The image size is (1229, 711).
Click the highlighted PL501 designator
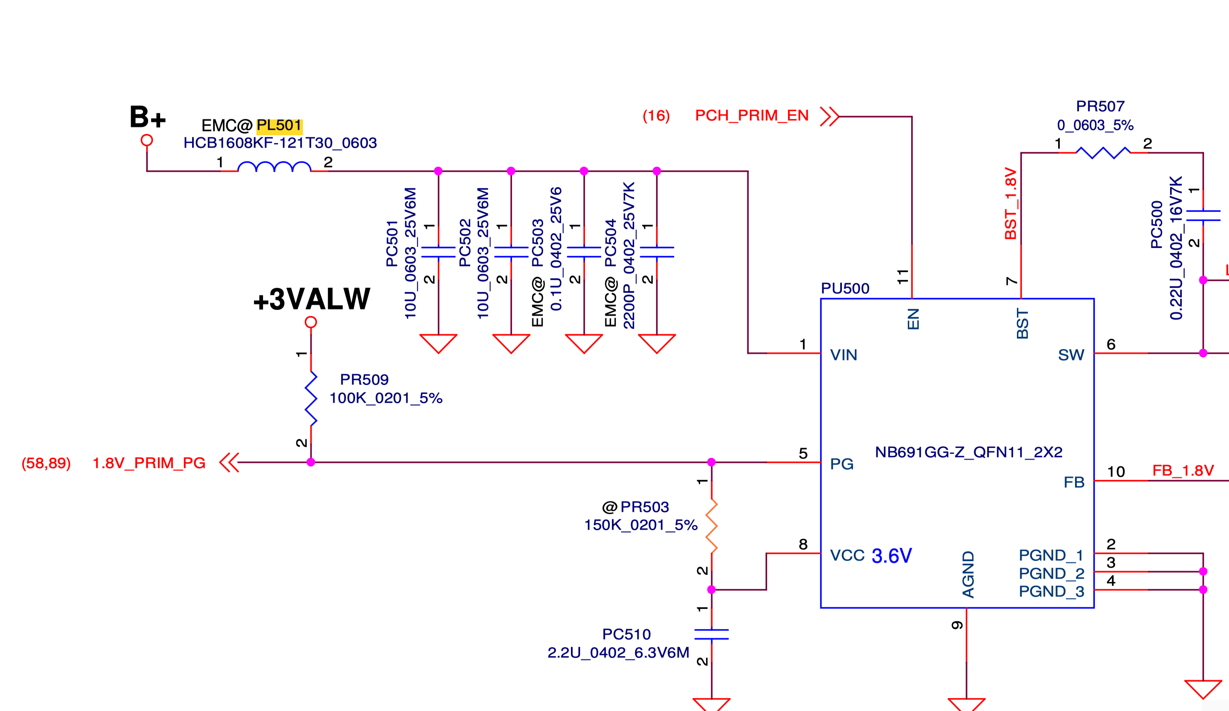click(x=279, y=126)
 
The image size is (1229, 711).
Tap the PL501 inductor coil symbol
click(x=274, y=167)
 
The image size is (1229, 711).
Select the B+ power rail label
click(x=147, y=117)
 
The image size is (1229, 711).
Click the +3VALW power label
click(x=312, y=299)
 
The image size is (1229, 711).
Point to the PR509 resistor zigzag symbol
click(x=311, y=398)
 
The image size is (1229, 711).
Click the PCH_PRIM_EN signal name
click(x=751, y=116)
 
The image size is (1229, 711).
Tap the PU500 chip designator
click(x=845, y=288)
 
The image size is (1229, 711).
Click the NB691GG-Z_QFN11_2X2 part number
click(x=968, y=452)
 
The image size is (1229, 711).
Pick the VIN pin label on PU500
click(x=843, y=355)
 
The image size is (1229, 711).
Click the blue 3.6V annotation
click(x=892, y=556)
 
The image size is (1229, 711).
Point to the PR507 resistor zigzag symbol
click(x=1103, y=153)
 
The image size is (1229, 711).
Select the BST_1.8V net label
click(x=1010, y=203)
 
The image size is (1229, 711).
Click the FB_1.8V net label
click(x=1183, y=470)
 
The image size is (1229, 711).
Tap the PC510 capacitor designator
click(x=626, y=634)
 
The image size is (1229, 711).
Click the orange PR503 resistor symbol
click(x=712, y=526)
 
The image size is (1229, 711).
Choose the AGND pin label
click(x=968, y=574)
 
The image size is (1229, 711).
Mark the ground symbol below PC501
click(x=438, y=343)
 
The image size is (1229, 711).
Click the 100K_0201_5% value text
click(x=386, y=398)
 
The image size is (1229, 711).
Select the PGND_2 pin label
click(x=1051, y=573)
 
